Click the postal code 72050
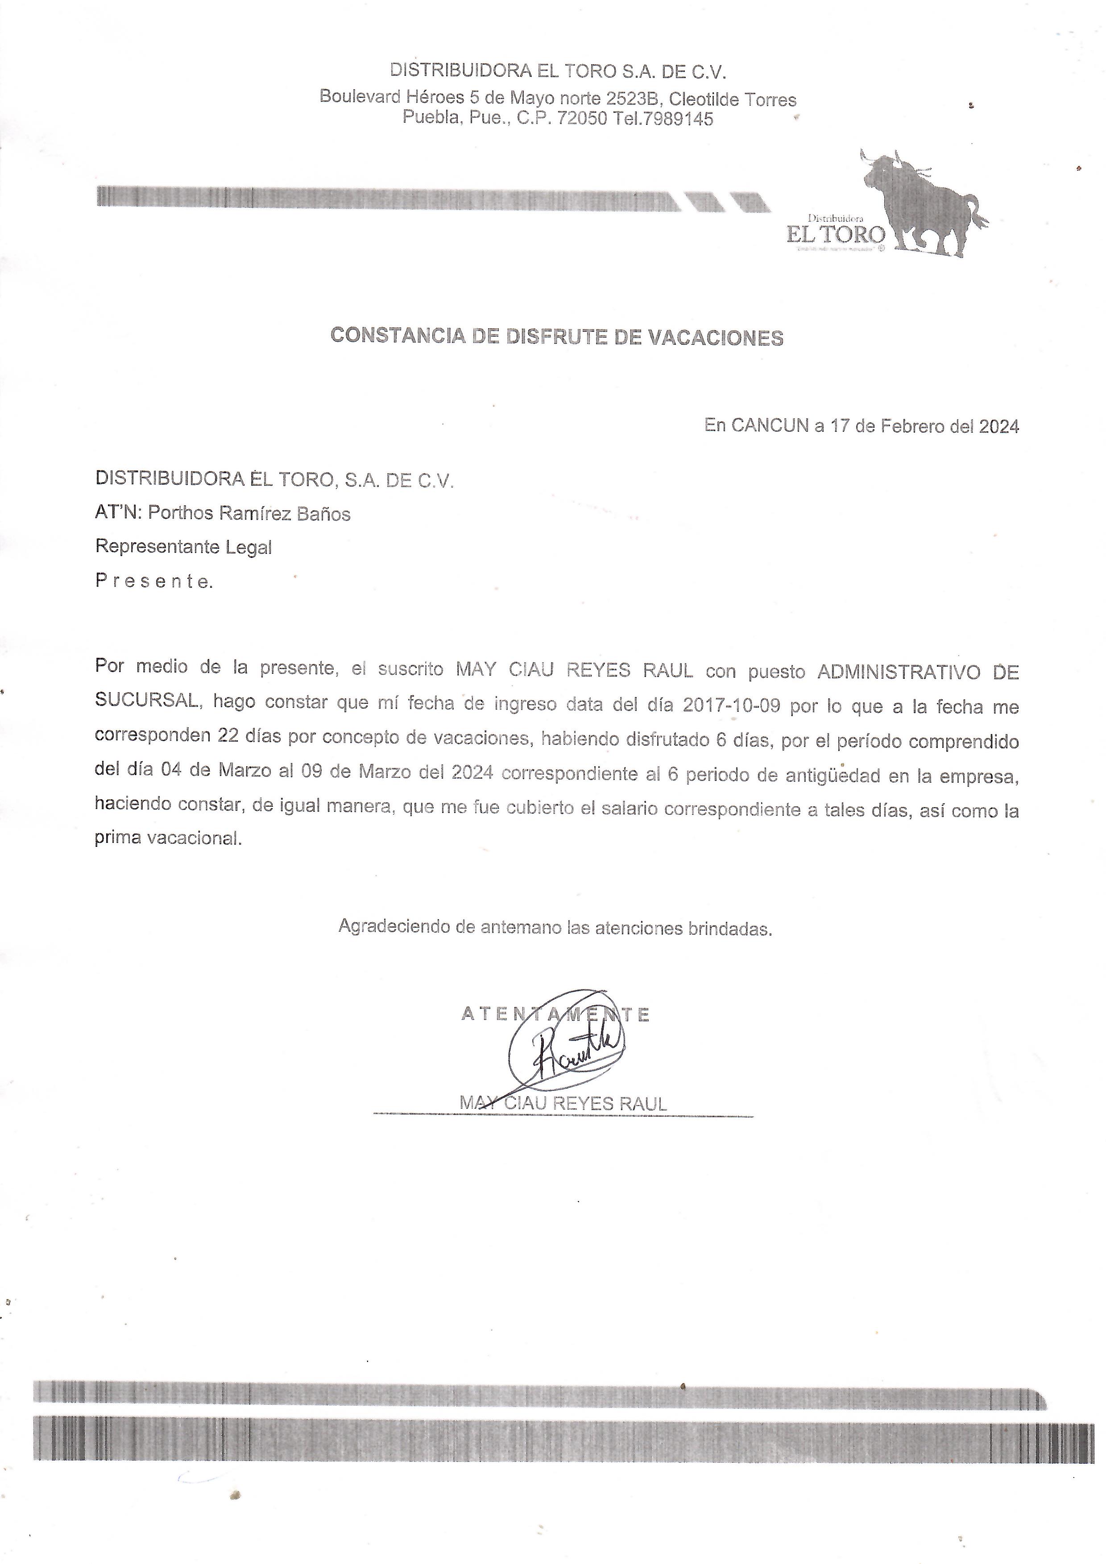(x=582, y=119)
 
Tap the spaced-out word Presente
(x=154, y=581)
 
